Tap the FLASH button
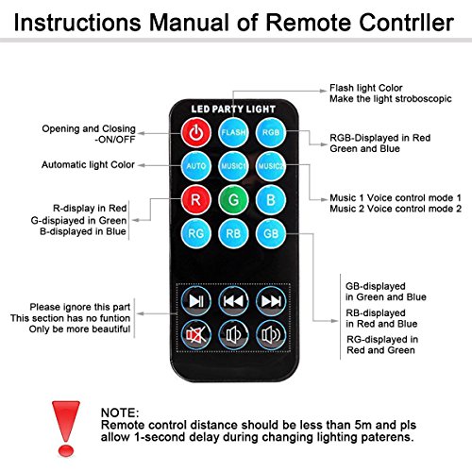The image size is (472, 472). [x=233, y=132]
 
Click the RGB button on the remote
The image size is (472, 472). [x=271, y=132]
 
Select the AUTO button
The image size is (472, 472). [x=196, y=166]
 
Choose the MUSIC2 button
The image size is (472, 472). [x=271, y=166]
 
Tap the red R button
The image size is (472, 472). [x=196, y=200]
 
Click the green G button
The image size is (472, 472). [x=233, y=200]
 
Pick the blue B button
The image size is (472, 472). [x=271, y=200]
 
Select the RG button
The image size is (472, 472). [x=196, y=233]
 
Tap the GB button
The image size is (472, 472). [x=271, y=233]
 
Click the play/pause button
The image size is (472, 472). [x=196, y=301]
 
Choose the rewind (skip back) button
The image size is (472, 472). [x=233, y=301]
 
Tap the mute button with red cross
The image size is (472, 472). [x=196, y=335]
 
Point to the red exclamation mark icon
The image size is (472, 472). [x=66, y=428]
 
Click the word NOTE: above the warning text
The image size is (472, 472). [x=120, y=413]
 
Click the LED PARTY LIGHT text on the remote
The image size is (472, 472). [x=233, y=110]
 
